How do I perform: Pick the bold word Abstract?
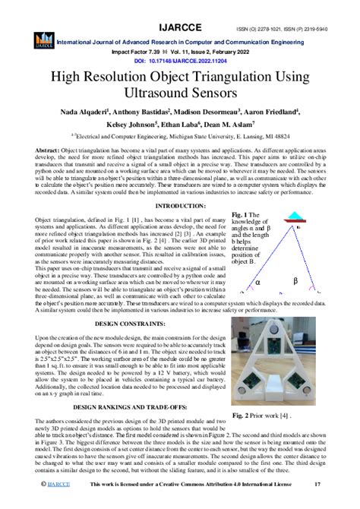48,150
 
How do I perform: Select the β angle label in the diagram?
316,281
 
